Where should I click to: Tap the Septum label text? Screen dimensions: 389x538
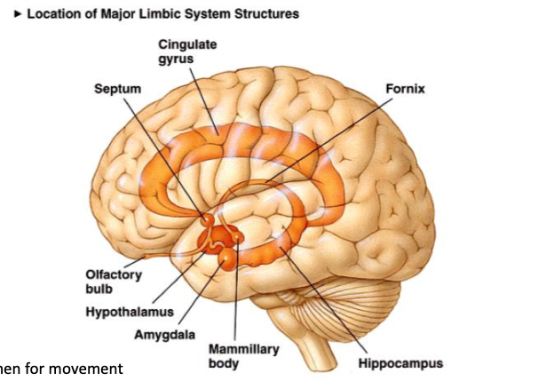[x=117, y=89]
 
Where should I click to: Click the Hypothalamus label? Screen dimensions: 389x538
[x=130, y=313]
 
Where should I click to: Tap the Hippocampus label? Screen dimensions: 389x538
[x=400, y=363]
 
